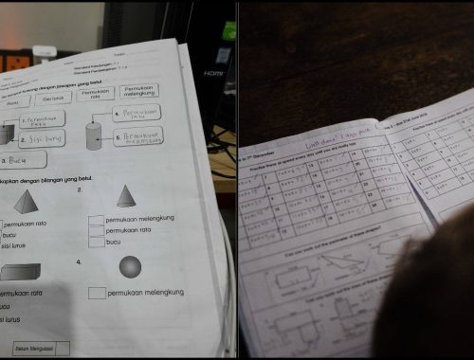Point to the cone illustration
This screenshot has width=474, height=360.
click(125, 196)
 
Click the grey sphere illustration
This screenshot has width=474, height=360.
click(130, 268)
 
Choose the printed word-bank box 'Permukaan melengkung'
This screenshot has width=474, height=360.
click(138, 92)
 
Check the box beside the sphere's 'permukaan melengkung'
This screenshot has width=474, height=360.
click(96, 293)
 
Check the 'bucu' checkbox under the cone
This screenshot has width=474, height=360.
click(96, 243)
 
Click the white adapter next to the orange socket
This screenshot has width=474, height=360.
click(45, 52)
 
